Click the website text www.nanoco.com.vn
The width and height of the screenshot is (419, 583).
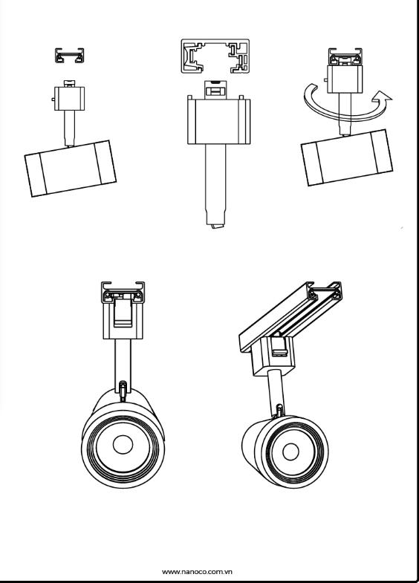pyautogui.click(x=197, y=571)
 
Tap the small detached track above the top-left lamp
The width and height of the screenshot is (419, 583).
pyautogui.click(x=70, y=56)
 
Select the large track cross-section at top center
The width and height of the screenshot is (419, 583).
pyautogui.click(x=215, y=56)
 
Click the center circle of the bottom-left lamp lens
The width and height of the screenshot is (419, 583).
pyautogui.click(x=123, y=444)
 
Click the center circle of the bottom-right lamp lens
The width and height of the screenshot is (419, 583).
pyautogui.click(x=290, y=452)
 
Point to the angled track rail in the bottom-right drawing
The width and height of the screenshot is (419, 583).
pyautogui.click(x=290, y=316)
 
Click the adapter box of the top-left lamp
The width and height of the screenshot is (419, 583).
pyautogui.click(x=70, y=99)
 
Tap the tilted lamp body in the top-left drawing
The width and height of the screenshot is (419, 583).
pyautogui.click(x=71, y=168)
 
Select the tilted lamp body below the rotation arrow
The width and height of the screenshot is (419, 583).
pyautogui.click(x=346, y=157)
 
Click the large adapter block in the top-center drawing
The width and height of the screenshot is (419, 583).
pyautogui.click(x=218, y=122)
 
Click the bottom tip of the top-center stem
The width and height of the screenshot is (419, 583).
pyautogui.click(x=216, y=227)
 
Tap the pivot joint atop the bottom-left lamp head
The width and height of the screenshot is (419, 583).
pyautogui.click(x=123, y=391)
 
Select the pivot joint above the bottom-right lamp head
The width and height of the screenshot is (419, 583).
pyautogui.click(x=279, y=410)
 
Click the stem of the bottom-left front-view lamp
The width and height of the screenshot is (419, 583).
pyautogui.click(x=123, y=362)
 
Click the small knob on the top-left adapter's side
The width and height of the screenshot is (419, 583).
pyautogui.click(x=53, y=100)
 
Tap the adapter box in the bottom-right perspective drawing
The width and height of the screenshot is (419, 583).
pyautogui.click(x=274, y=355)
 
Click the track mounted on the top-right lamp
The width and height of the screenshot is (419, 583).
pyautogui.click(x=345, y=56)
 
